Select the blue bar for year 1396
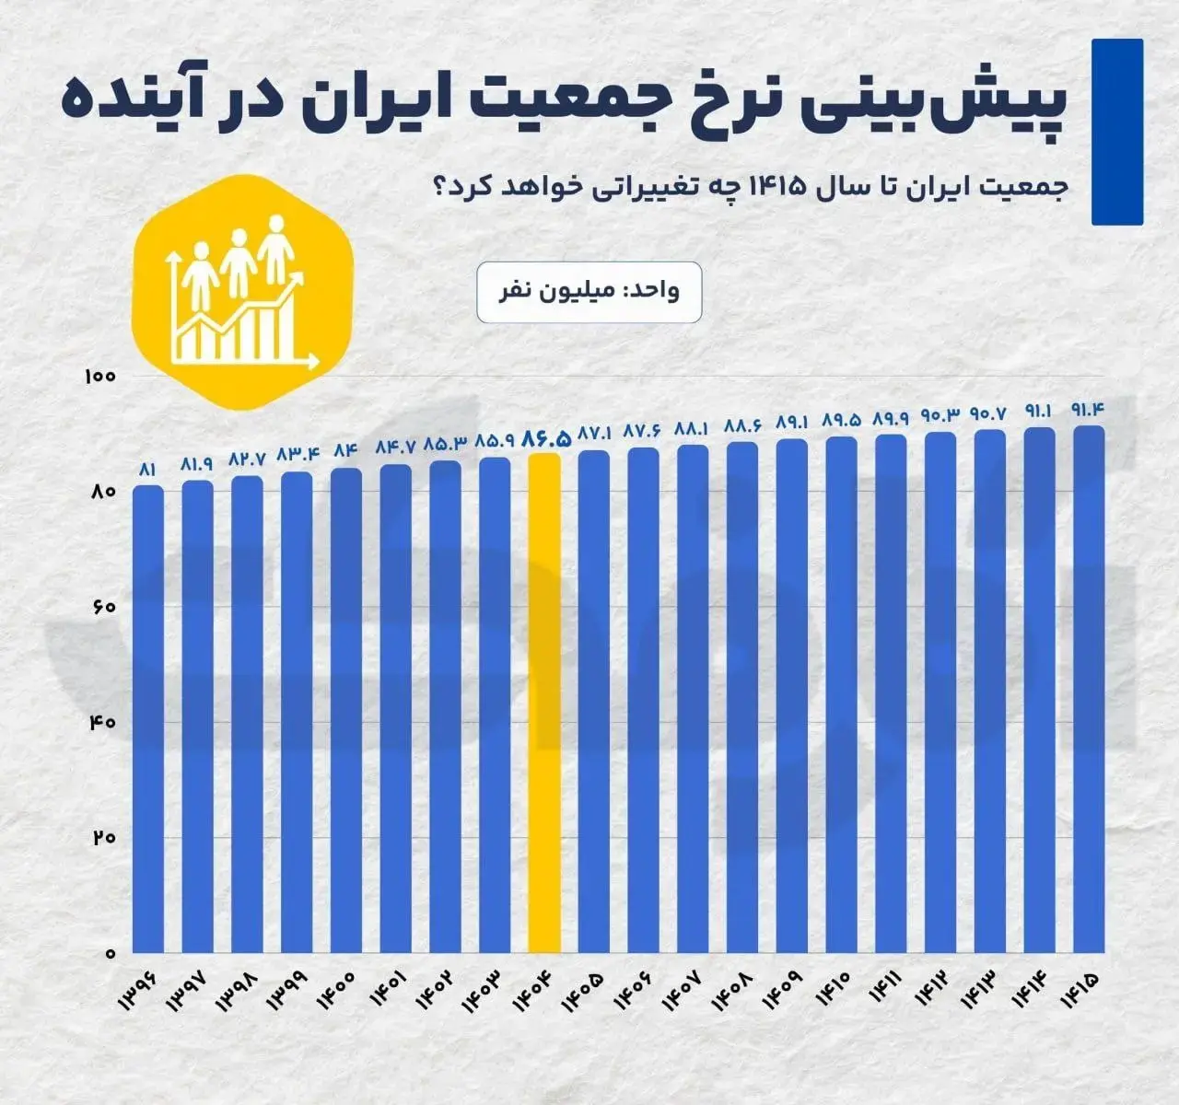coord(148,718)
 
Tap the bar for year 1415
coord(1089,691)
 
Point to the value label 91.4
coord(1089,409)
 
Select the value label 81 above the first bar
coord(148,470)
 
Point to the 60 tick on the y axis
coord(101,608)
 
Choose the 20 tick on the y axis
coord(101,838)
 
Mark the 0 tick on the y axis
coord(108,953)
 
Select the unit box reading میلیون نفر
coord(589,292)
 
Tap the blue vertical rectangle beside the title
coord(1116,132)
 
